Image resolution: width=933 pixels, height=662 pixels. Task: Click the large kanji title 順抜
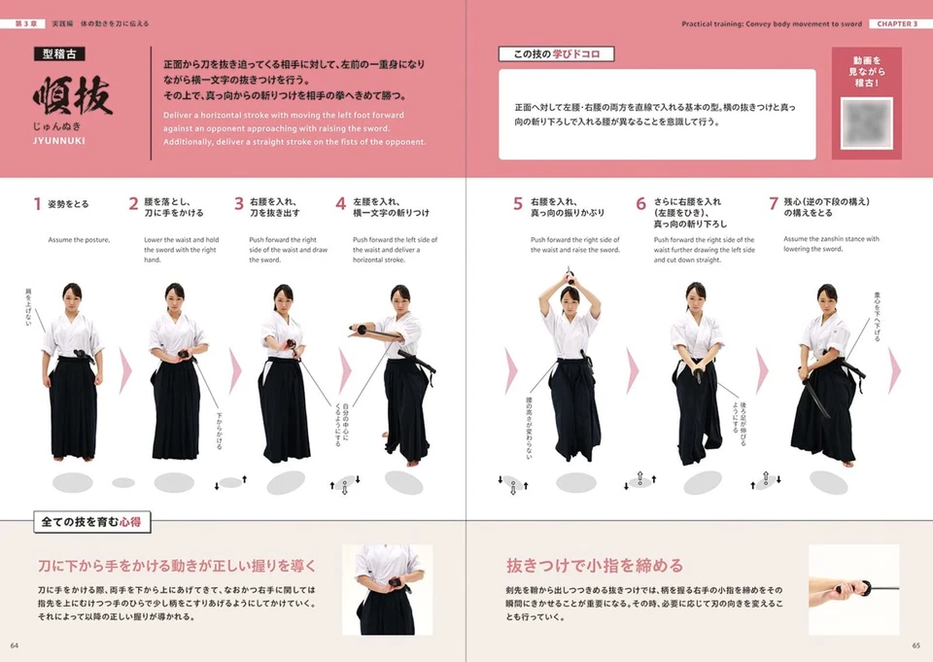(72, 97)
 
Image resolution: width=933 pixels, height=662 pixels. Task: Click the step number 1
(38, 204)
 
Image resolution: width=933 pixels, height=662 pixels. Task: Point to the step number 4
(340, 204)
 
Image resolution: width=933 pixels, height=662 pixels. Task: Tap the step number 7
(774, 204)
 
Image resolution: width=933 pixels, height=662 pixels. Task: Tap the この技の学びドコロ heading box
(556, 54)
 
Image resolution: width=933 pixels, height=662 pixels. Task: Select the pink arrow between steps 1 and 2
(124, 370)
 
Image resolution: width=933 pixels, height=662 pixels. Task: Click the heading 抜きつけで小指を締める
(594, 565)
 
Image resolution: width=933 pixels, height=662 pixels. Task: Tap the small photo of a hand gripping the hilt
(853, 589)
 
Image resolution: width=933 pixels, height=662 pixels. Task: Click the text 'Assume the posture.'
(79, 239)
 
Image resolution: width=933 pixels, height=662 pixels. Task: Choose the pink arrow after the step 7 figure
(894, 370)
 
